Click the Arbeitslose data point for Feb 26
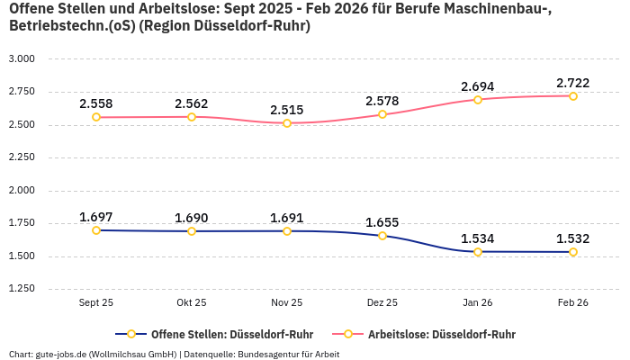pos(573,95)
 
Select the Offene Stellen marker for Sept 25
pos(96,230)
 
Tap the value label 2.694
pos(478,86)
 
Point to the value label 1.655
pos(382,222)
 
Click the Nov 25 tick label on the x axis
pos(287,303)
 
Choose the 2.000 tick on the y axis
pos(21,190)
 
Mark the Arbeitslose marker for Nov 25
pos(287,123)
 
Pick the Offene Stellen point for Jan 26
pos(478,252)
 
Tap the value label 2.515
pos(287,110)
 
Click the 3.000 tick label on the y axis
pos(21,58)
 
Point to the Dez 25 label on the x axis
pos(382,303)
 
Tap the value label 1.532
pos(573,238)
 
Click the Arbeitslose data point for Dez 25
pos(382,114)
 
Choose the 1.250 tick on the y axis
pos(21,289)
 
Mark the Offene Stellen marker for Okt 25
pos(192,231)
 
